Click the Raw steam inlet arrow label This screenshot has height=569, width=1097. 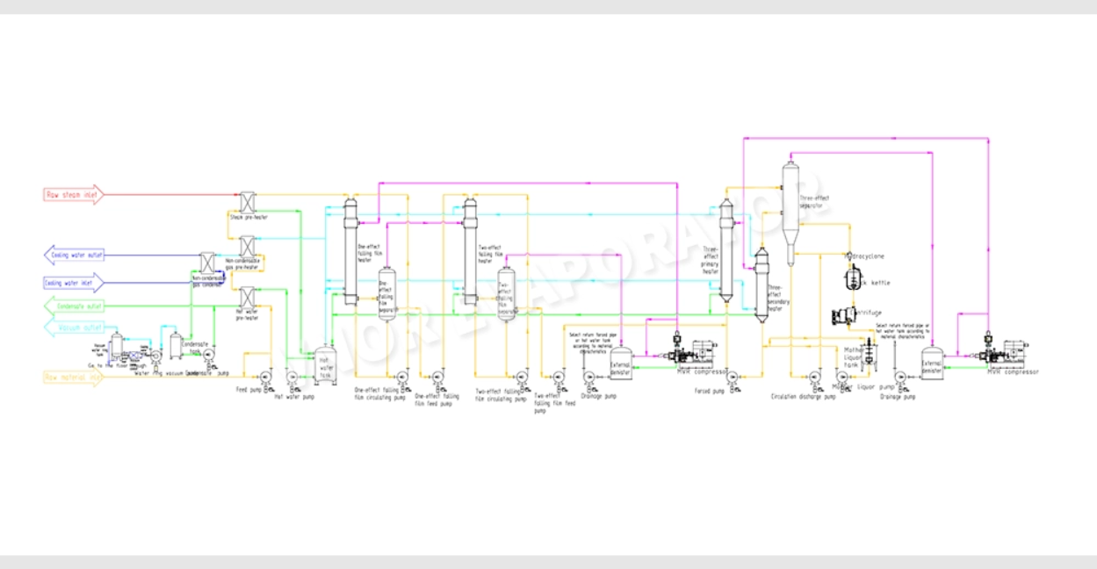tap(74, 194)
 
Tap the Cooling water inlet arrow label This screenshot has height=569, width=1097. tap(74, 283)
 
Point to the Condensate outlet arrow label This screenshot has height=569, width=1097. tap(74, 306)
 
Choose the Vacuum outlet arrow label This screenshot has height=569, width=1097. tap(74, 328)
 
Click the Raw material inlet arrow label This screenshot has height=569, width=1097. tap(74, 377)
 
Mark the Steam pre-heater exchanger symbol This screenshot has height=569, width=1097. tap(247, 204)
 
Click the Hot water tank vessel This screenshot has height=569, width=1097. tap(325, 364)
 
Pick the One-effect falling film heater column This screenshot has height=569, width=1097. tap(350, 252)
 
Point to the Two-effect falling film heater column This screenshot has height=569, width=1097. tap(470, 252)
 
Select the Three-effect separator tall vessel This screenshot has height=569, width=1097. tap(790, 211)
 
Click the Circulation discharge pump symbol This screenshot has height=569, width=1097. tap(814, 378)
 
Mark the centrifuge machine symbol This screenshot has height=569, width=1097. tap(846, 314)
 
